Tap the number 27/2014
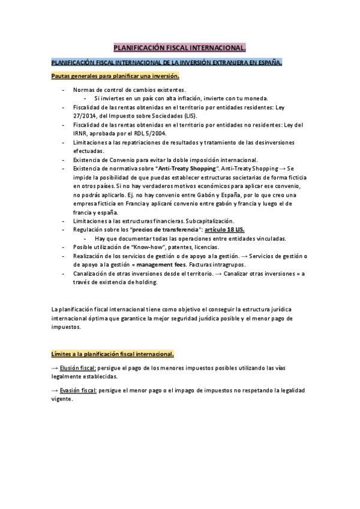[x=88, y=115]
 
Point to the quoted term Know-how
[x=142, y=247]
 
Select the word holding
[x=145, y=282]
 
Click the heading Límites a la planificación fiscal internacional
[x=113, y=354]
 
